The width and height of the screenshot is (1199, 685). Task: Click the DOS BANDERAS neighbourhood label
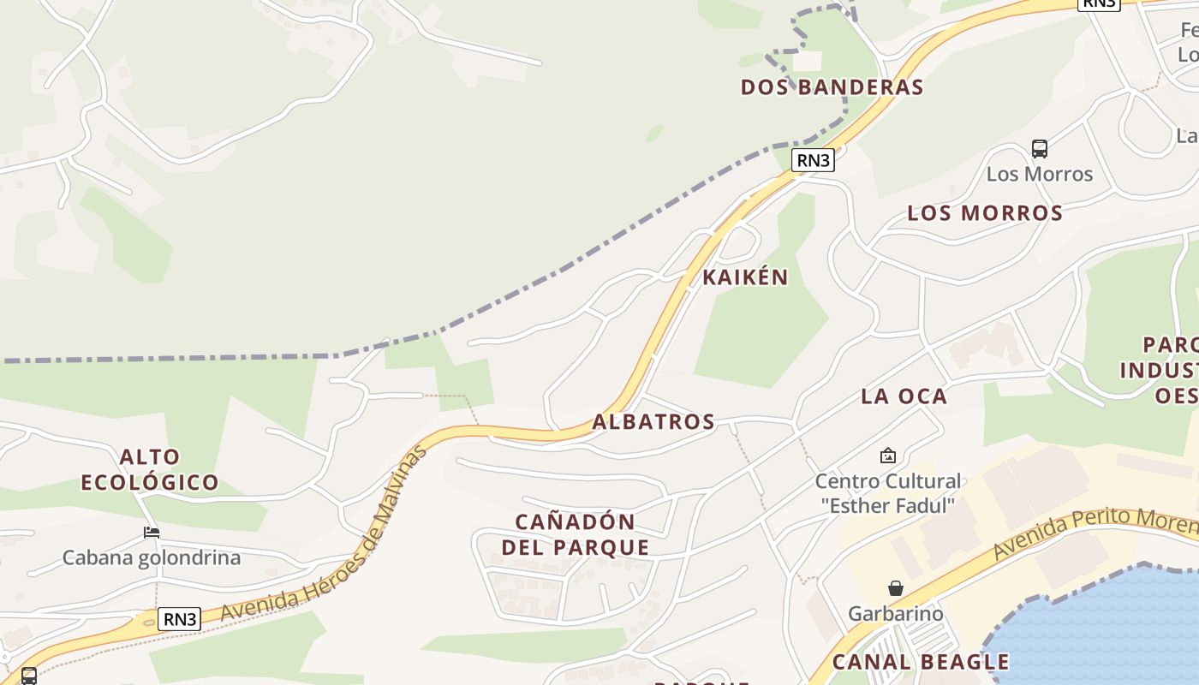pyautogui.click(x=832, y=87)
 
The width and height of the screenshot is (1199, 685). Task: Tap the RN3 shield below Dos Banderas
pyautogui.click(x=813, y=160)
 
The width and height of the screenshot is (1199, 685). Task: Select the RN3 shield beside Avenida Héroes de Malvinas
pyautogui.click(x=180, y=619)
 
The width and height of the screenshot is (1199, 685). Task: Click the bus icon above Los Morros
pyautogui.click(x=1040, y=149)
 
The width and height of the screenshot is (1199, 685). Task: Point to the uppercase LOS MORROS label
pyautogui.click(x=985, y=213)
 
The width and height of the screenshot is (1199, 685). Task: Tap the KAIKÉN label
pyautogui.click(x=745, y=277)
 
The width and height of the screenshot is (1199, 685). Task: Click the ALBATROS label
pyautogui.click(x=653, y=421)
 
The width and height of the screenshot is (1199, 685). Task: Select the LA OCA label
pyautogui.click(x=904, y=396)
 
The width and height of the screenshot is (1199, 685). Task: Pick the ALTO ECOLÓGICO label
pyautogui.click(x=150, y=469)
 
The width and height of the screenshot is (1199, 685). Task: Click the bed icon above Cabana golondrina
pyautogui.click(x=152, y=533)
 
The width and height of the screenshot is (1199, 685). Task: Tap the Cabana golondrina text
pyautogui.click(x=152, y=558)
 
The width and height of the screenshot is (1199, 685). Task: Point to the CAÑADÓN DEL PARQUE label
pyautogui.click(x=576, y=534)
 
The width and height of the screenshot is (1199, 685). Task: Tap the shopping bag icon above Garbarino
pyautogui.click(x=895, y=588)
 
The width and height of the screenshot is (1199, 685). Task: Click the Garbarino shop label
pyautogui.click(x=895, y=614)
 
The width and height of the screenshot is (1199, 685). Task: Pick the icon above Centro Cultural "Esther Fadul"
pyautogui.click(x=887, y=456)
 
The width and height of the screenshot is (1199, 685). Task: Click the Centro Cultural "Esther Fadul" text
pyautogui.click(x=887, y=493)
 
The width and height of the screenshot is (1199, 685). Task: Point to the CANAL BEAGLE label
pyautogui.click(x=921, y=662)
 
